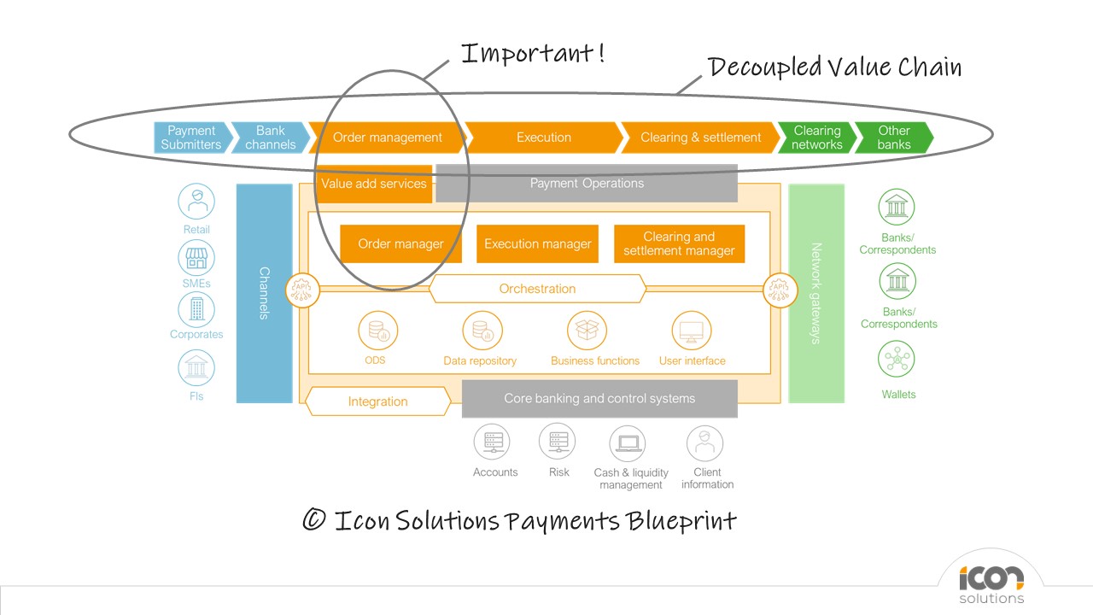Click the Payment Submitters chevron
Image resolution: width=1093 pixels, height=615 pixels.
coord(192,138)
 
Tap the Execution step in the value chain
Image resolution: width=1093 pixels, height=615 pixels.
coord(544,138)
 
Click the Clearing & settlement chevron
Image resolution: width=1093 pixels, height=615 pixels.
coord(700,138)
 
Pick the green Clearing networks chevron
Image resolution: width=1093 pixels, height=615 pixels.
coord(816,138)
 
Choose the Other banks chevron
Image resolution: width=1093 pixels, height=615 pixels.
coord(893,138)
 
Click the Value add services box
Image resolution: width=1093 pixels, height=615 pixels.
coord(374,184)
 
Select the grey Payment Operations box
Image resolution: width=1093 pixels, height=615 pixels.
coord(587,184)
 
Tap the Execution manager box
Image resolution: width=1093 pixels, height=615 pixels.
coord(537,244)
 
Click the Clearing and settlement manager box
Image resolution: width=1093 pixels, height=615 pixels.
coord(679,244)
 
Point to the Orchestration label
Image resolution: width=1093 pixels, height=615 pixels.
coord(537,289)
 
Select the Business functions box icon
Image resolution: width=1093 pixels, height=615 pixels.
coord(587,331)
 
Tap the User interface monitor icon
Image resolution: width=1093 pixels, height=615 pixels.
coord(692,331)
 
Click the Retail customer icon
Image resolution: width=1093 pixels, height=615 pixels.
coord(196,202)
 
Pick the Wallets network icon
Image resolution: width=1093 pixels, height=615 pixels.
coord(897,360)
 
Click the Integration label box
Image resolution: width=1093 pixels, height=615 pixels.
coord(377,401)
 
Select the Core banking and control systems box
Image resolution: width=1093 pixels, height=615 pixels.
coord(599,399)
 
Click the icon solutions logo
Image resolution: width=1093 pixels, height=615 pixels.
coord(991,583)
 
